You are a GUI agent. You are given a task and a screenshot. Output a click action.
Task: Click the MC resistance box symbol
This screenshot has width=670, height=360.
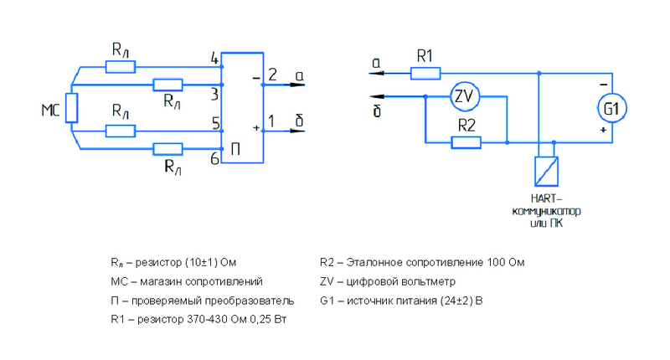coord(72,108)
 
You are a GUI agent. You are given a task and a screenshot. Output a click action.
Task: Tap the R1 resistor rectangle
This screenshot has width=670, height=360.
coord(425,73)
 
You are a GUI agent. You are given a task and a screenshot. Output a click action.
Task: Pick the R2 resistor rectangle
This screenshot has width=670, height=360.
coord(466,142)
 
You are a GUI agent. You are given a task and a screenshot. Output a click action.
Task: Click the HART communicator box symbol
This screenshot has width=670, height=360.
coord(545,171)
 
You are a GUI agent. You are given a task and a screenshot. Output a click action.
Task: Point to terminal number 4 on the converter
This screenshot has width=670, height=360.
coord(214,59)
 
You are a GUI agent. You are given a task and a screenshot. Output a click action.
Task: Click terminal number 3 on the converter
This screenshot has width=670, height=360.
coord(214,92)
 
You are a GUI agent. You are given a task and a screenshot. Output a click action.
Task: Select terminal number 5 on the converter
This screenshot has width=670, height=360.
coord(215,123)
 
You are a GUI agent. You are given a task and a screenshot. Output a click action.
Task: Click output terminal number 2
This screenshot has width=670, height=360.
coord(272,75)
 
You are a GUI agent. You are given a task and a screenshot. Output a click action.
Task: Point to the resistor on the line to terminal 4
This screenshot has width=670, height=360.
coord(120,64)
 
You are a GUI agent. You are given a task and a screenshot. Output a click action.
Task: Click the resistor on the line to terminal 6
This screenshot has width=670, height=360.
coord(168,149)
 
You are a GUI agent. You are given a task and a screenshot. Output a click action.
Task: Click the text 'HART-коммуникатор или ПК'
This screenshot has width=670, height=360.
coord(545,213)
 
